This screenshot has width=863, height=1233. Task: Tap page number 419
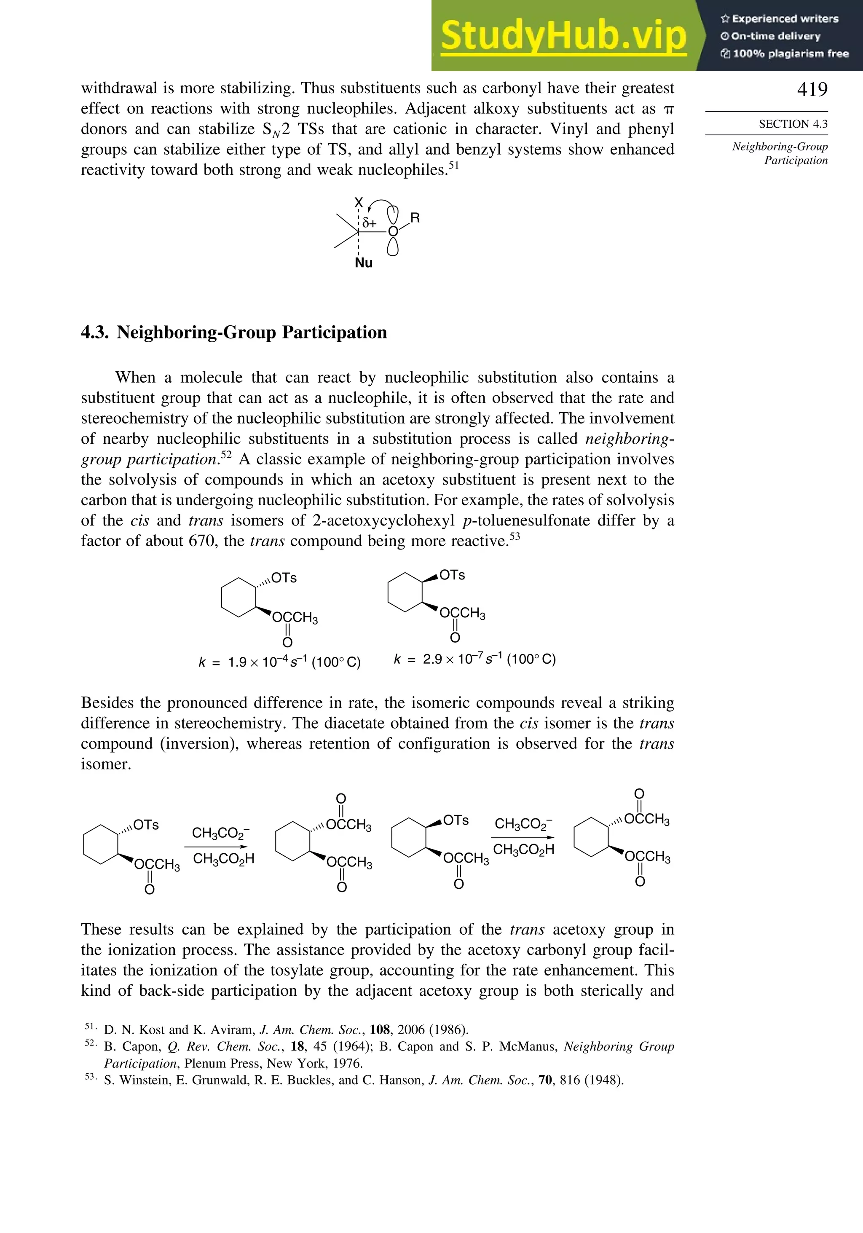tap(812, 89)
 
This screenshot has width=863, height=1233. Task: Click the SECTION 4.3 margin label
tap(793, 124)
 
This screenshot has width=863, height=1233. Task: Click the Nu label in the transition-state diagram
tap(364, 263)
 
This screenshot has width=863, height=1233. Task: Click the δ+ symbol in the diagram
tap(370, 223)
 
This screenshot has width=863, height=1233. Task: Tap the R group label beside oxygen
tap(415, 218)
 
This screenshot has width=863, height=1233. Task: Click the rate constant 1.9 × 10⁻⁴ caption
tap(279, 662)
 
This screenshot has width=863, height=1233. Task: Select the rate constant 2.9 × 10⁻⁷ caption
tap(475, 659)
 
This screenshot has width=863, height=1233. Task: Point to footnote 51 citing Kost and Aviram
tap(286, 1030)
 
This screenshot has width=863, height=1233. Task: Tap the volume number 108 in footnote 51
tap(380, 1030)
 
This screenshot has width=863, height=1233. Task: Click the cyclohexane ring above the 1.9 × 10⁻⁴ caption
tap(239, 597)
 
